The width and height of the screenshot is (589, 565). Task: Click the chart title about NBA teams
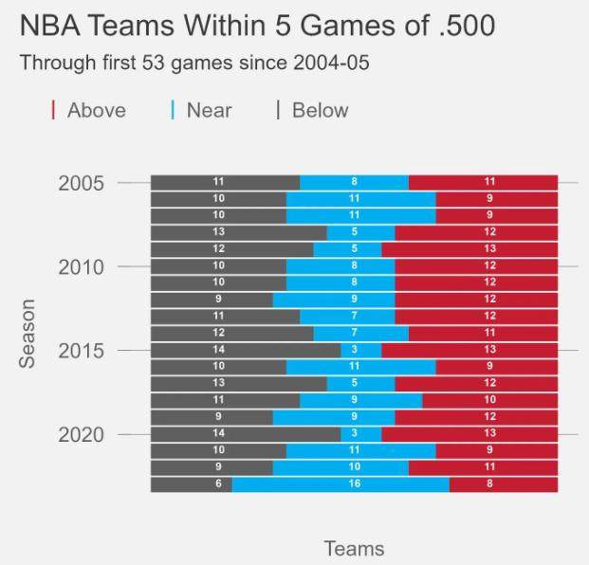pyautogui.click(x=257, y=26)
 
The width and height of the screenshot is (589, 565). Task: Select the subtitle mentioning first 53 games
pyautogui.click(x=194, y=64)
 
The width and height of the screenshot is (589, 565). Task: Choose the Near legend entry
pyautogui.click(x=208, y=111)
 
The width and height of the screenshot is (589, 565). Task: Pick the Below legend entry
pyautogui.click(x=319, y=111)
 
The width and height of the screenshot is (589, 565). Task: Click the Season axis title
pyautogui.click(x=28, y=334)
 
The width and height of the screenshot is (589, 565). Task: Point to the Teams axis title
pyautogui.click(x=354, y=548)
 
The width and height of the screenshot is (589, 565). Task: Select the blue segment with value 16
pyautogui.click(x=341, y=485)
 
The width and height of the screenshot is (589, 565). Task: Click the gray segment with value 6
pyautogui.click(x=191, y=485)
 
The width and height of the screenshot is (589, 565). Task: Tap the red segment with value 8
pyautogui.click(x=504, y=485)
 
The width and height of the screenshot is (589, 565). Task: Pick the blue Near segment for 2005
pyautogui.click(x=354, y=183)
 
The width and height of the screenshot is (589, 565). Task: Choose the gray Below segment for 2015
pyautogui.click(x=245, y=351)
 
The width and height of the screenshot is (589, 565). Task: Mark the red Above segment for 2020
pyautogui.click(x=469, y=435)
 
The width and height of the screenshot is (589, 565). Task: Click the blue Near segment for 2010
pyautogui.click(x=341, y=266)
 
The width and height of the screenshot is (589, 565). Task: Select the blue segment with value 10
pyautogui.click(x=341, y=468)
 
